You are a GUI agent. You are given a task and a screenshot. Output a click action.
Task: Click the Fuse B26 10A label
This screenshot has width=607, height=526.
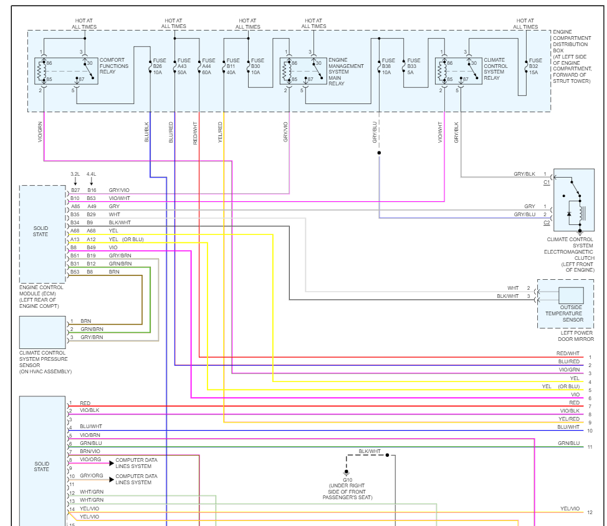click(159, 66)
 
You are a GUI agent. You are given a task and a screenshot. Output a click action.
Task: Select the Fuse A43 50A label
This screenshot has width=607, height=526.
click(184, 66)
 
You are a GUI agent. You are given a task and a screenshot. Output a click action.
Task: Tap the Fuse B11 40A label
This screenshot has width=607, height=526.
click(233, 66)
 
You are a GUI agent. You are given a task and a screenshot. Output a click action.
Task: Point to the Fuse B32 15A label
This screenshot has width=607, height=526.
click(535, 66)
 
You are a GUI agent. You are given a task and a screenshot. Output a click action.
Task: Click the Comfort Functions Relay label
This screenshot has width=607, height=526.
click(114, 66)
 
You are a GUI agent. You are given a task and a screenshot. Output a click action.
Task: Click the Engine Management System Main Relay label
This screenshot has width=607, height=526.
click(346, 72)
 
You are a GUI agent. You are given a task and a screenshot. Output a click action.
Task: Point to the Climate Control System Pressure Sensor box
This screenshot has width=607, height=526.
click(42, 332)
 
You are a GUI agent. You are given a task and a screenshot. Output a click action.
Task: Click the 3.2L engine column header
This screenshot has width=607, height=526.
click(75, 174)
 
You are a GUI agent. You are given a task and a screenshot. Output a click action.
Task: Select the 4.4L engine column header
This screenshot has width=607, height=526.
click(92, 174)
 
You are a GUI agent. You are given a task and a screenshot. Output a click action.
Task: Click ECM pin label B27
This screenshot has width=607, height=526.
click(75, 190)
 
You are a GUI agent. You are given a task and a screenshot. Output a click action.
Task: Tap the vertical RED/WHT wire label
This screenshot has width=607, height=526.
click(195, 133)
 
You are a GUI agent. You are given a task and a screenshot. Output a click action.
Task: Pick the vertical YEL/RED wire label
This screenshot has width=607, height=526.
click(220, 132)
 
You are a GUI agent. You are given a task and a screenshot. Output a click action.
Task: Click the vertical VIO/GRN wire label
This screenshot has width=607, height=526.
click(40, 132)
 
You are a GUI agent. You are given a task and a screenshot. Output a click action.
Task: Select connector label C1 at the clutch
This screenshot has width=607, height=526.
click(547, 183)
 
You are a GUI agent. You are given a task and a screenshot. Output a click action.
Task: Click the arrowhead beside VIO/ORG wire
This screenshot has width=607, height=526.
click(112, 463)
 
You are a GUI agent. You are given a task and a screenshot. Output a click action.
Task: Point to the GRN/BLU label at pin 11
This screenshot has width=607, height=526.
click(569, 443)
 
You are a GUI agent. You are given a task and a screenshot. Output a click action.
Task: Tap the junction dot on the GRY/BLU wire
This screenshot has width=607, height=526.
click(379, 153)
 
